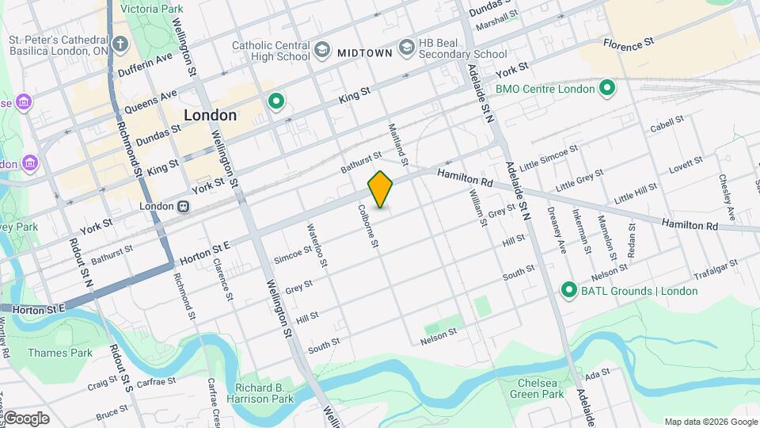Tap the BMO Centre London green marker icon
(607, 87)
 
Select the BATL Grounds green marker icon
(568, 290)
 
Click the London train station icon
(183, 206)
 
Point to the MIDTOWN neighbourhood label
(365, 53)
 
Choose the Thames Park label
(60, 353)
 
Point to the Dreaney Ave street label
(557, 230)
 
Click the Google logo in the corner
(26, 418)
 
